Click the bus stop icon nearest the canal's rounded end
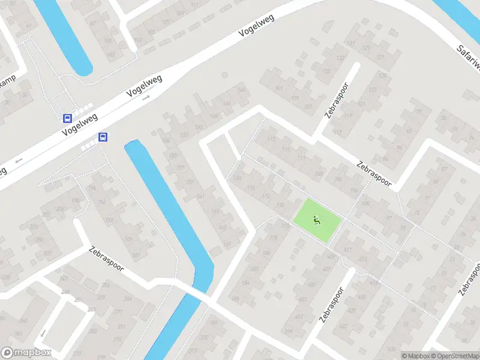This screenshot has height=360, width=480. click(x=103, y=137)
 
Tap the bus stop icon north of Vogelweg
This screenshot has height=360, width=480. click(x=68, y=118)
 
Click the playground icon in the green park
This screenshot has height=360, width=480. click(x=316, y=220)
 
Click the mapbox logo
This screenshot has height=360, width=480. click(x=26, y=353)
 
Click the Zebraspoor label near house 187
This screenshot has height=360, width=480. click(x=107, y=259)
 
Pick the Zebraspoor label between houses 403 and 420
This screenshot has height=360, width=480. click(x=331, y=304)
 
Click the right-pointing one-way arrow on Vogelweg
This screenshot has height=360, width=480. click(x=146, y=97)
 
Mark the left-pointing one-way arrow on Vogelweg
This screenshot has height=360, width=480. click(x=19, y=161)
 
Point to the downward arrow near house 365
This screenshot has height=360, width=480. click(x=43, y=333)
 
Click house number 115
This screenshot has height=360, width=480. click(x=272, y=140)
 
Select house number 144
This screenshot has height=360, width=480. click(x=242, y=90)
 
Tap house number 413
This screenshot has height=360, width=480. click(x=362, y=259)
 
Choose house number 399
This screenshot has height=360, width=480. click(x=288, y=332)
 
